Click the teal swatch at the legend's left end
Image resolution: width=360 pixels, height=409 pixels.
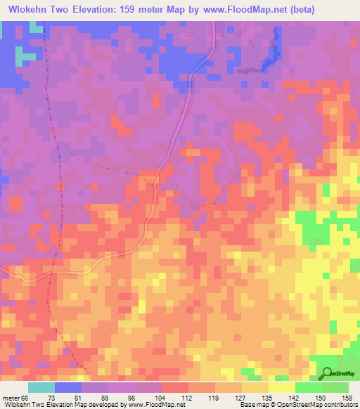[x=41, y=387]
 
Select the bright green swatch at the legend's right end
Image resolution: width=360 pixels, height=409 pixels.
[x=335, y=387]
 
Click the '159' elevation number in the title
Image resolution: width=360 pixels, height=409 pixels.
[x=120, y=9]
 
